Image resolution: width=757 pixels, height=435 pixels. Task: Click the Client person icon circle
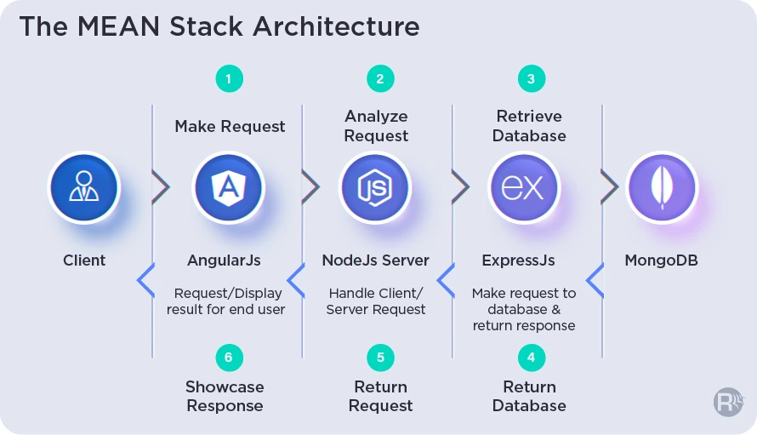coord(84,187)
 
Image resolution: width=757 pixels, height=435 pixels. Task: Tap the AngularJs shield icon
coord(229,187)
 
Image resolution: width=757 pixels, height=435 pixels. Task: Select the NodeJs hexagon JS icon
coord(375,187)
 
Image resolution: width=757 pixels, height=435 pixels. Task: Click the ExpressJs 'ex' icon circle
coord(523,187)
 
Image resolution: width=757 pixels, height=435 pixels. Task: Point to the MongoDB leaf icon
coord(662,187)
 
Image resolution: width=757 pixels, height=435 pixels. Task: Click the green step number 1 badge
coord(230,79)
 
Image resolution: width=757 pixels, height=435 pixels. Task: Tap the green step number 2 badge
coord(380,79)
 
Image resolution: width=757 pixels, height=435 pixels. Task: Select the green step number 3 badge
coord(532,79)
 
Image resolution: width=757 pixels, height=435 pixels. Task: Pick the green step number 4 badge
coord(532,358)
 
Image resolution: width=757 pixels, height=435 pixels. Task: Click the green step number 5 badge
coord(380,358)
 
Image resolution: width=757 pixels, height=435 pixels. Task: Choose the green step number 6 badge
coord(230,358)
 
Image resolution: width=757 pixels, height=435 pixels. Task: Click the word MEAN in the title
coord(118,26)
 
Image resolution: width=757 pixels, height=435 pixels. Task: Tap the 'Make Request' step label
coord(230,126)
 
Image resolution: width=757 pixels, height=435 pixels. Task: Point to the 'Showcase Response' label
coord(225,396)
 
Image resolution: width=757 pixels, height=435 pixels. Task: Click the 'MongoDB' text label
coord(662,260)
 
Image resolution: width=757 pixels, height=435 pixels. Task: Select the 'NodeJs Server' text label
coord(376,260)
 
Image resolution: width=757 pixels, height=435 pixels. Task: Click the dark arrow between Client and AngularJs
coord(161,187)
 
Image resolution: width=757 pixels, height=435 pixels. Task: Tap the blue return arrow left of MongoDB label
coord(595,280)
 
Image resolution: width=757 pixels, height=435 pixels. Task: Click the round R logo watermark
coord(729,402)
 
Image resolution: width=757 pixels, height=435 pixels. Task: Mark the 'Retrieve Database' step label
coord(529,126)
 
